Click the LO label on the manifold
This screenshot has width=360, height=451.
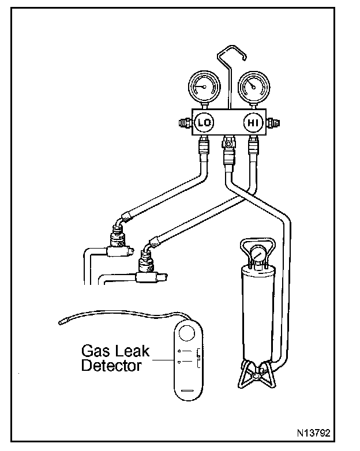coord(203,122)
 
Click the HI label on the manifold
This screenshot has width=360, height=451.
coord(253,122)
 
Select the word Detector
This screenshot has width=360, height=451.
coord(112,366)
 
